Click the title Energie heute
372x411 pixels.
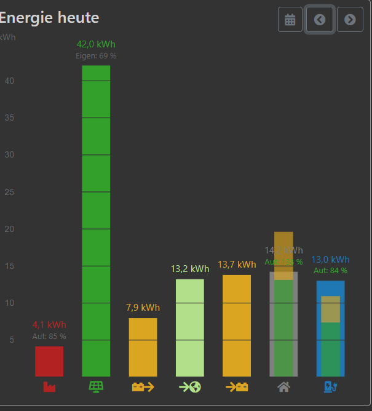tap(49, 18)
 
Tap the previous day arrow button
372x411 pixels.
tap(320, 20)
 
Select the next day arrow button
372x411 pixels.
tap(350, 20)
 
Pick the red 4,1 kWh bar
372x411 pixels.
tap(49, 361)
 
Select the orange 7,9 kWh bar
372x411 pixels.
tap(143, 347)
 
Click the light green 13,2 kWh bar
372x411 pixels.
tap(189, 327)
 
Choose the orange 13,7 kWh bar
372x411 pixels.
tap(237, 325)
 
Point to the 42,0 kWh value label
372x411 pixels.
tap(96, 44)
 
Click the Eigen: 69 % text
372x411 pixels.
tap(96, 56)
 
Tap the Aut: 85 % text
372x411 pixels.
tap(49, 336)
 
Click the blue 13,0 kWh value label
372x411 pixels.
tap(330, 260)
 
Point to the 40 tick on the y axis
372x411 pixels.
tap(9, 81)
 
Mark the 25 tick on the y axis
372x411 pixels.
tap(9, 192)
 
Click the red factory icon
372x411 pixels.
tap(49, 387)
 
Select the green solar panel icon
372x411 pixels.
tap(96, 387)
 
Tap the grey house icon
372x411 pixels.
tap(283, 387)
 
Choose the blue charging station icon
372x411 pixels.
tap(331, 387)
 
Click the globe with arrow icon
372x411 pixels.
tap(190, 387)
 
